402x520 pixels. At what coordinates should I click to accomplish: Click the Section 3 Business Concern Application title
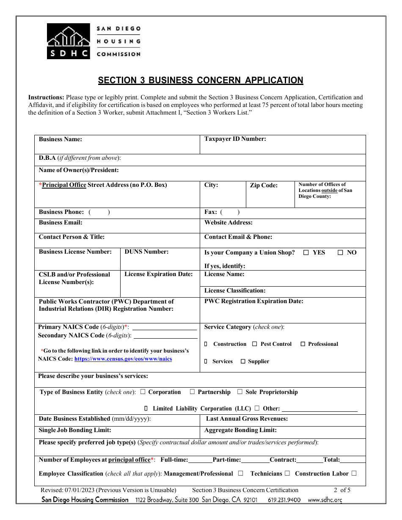tap(201, 80)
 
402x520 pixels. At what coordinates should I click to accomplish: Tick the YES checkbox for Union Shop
tap(306, 252)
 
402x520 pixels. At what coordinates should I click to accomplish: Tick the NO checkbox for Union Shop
tap(340, 252)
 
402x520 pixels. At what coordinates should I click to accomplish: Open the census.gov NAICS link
tap(123, 359)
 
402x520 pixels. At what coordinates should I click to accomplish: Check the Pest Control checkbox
tap(254, 344)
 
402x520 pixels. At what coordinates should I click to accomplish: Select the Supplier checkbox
tap(243, 361)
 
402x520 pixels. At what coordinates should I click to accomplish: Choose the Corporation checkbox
tap(143, 392)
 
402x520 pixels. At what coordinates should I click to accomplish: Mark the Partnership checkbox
tap(192, 392)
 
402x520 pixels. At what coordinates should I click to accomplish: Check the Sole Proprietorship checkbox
tap(240, 392)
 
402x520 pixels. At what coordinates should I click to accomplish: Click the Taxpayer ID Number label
tap(235, 139)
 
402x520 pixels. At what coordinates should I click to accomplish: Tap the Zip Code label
tap(264, 185)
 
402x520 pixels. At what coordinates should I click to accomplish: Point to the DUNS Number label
tap(146, 252)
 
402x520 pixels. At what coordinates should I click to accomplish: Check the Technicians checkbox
tap(287, 473)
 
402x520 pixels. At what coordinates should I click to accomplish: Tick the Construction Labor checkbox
tap(354, 473)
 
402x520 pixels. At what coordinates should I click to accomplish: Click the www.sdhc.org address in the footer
tap(325, 500)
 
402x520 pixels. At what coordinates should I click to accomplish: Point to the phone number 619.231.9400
tap(284, 500)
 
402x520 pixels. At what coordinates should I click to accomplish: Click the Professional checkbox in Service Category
tap(303, 344)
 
